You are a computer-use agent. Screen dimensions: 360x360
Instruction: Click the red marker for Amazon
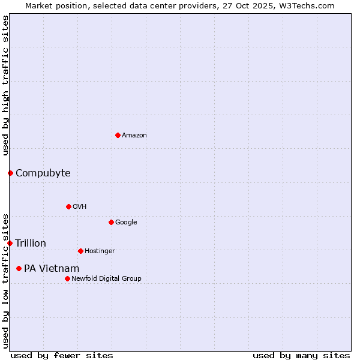pyautogui.click(x=118, y=135)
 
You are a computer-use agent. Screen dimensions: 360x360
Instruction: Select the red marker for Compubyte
pyautogui.click(x=10, y=173)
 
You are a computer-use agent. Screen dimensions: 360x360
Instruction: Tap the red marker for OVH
pyautogui.click(x=68, y=206)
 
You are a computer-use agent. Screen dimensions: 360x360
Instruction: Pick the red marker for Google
pyautogui.click(x=111, y=222)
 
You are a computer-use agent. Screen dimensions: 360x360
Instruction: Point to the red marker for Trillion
pyautogui.click(x=10, y=243)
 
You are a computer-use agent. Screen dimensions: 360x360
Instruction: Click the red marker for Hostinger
pyautogui.click(x=80, y=251)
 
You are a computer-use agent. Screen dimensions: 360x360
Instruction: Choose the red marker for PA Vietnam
pyautogui.click(x=19, y=268)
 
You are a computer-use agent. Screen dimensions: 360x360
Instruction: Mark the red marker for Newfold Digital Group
pyautogui.click(x=67, y=278)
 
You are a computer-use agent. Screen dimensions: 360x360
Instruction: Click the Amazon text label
pyautogui.click(x=134, y=136)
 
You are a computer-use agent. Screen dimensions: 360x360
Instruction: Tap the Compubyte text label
pyautogui.click(x=43, y=173)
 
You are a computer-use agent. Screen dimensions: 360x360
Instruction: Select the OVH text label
pyautogui.click(x=80, y=207)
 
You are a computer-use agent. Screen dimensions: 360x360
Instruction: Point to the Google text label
pyautogui.click(x=126, y=223)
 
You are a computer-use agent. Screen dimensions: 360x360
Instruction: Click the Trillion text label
pyautogui.click(x=31, y=244)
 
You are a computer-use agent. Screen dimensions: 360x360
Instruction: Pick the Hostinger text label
pyautogui.click(x=100, y=251)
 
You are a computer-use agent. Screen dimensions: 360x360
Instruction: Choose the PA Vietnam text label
pyautogui.click(x=52, y=269)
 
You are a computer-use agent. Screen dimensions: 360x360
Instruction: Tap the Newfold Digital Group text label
pyautogui.click(x=106, y=279)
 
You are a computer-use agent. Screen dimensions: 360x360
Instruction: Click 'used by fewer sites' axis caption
pyautogui.click(x=62, y=356)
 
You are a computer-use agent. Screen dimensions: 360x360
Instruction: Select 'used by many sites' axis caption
pyautogui.click(x=301, y=356)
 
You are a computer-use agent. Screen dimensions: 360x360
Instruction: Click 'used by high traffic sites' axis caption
pyautogui.click(x=5, y=85)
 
